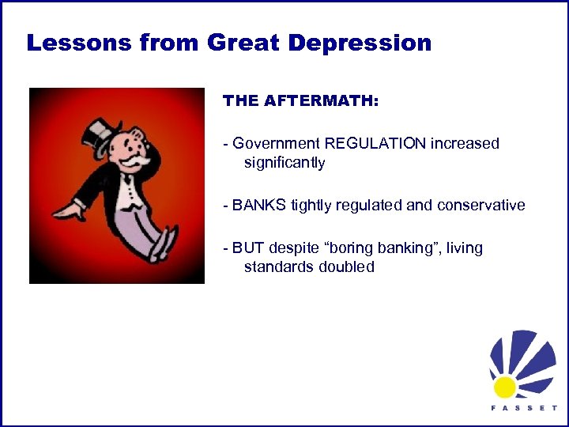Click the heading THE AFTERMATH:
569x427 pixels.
[300, 101]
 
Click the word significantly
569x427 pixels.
[284, 163]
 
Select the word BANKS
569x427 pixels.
[259, 206]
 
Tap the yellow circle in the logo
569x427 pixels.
[504, 386]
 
